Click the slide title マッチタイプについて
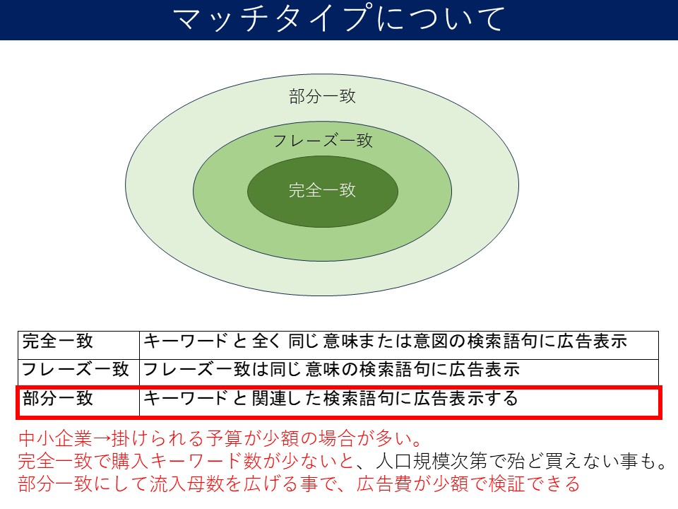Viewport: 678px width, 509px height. click(339, 18)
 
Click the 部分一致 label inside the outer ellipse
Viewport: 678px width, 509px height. click(322, 96)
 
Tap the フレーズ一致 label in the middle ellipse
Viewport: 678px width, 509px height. click(323, 141)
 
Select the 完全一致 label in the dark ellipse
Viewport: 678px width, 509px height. click(322, 190)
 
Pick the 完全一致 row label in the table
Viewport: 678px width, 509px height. click(57, 341)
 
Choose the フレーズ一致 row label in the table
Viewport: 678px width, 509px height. click(76, 369)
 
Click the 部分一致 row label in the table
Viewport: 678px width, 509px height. click(57, 398)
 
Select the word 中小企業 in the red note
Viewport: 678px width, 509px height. click(55, 439)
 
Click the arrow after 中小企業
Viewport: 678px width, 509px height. click(102, 439)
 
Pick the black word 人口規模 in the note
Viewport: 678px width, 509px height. click(413, 462)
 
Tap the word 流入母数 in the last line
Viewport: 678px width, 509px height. click(186, 484)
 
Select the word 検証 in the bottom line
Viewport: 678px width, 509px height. click(507, 484)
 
